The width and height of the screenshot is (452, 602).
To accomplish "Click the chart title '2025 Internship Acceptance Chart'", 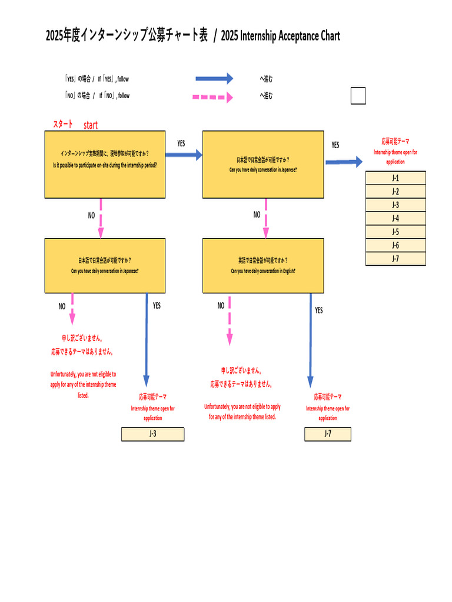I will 280,36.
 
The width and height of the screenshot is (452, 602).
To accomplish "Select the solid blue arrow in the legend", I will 214,78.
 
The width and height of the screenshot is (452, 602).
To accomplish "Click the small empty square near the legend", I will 358,96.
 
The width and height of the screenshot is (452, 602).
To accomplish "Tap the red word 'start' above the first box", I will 91,125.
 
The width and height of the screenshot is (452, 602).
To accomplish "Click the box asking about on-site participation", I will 105,164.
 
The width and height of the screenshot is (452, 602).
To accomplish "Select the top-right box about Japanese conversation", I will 263,164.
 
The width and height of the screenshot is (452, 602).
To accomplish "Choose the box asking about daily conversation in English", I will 263,265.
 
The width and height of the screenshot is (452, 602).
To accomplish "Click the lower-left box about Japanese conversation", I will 105,265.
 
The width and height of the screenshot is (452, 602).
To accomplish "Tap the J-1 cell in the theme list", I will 395,178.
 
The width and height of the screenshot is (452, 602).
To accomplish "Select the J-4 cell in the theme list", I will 395,218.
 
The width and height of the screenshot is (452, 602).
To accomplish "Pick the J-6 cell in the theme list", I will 395,245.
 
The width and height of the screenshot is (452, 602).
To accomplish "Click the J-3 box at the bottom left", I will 152,434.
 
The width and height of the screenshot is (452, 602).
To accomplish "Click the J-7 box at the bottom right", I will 328,434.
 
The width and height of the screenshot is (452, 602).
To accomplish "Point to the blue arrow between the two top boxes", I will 184,155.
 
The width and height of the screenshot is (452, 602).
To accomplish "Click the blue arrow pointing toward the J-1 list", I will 344,162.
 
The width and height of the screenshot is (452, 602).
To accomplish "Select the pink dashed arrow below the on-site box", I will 101,218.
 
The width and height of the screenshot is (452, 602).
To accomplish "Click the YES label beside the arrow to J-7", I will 318,310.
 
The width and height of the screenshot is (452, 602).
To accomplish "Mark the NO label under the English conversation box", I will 221,306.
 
